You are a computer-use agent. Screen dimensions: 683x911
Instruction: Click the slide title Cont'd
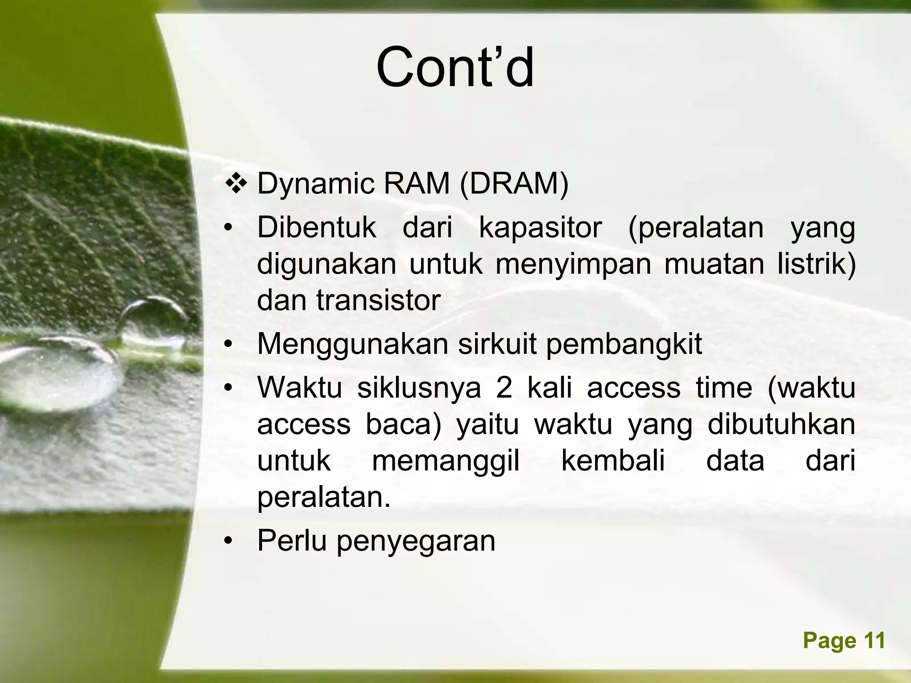click(455, 68)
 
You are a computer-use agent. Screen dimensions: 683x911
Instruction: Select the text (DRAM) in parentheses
click(514, 184)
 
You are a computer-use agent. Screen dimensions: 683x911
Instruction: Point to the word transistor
click(378, 300)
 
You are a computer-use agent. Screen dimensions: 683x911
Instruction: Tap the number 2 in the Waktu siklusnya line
click(504, 387)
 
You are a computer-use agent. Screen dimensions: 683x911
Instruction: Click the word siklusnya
click(419, 387)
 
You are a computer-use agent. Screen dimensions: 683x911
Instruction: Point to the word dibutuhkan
click(781, 424)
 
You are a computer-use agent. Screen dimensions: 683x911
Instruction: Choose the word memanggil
click(445, 460)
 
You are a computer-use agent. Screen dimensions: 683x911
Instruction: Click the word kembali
click(613, 460)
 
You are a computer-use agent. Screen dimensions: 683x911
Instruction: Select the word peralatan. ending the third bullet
click(324, 497)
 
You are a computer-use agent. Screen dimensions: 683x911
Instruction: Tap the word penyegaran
click(415, 541)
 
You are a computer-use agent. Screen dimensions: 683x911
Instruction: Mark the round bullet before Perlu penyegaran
click(228, 541)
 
